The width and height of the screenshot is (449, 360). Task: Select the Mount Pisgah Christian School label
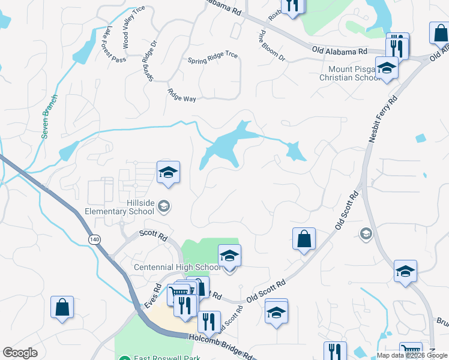pos(349,73)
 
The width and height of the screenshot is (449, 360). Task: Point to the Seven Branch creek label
pos(50,116)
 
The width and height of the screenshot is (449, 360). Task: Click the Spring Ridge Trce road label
pos(212,58)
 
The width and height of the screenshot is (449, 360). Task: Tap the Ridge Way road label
pos(181,95)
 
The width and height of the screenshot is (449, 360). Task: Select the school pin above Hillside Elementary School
pos(168,173)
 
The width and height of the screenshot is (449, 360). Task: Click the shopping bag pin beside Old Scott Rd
pos(304,239)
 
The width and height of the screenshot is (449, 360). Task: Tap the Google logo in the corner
pos(20,353)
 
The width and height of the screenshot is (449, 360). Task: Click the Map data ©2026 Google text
pos(412,355)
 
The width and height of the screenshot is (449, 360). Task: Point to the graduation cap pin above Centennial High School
pos(229,256)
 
